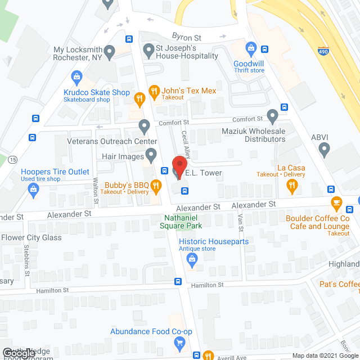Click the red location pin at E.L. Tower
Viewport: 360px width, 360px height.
click(x=179, y=165)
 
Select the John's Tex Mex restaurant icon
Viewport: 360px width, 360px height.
click(x=152, y=90)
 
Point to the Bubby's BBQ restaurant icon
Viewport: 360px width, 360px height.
click(x=159, y=185)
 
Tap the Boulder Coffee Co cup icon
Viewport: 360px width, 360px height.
click(x=336, y=203)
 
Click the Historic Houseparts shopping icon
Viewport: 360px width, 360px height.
click(x=192, y=259)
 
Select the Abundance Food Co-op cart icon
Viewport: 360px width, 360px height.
click(x=179, y=343)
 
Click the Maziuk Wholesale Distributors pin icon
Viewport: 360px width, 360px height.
click(x=273, y=116)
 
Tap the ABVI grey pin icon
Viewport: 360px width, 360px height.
click(x=324, y=150)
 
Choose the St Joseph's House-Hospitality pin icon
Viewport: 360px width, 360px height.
click(x=148, y=51)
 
